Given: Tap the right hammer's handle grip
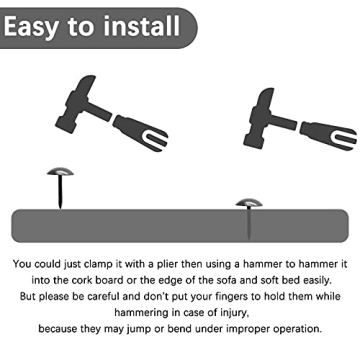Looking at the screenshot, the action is tap(328, 134).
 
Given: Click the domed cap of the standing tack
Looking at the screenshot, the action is tap(60, 171).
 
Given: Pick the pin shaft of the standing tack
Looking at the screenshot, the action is tap(60, 192).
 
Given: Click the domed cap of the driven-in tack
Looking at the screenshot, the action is tap(249, 202).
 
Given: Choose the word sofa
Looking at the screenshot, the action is tap(227, 280).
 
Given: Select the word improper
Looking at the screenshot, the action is tap(248, 329).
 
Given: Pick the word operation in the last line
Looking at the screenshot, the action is tap(297, 329).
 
